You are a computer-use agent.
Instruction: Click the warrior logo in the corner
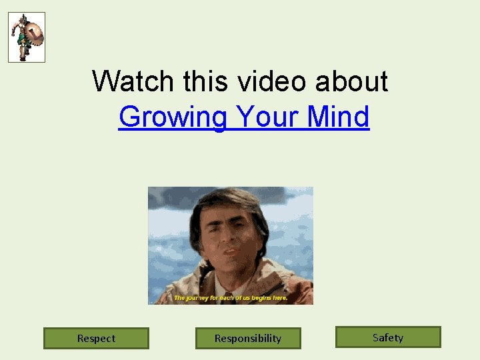[x=27, y=37]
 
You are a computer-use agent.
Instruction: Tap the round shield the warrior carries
[x=35, y=35]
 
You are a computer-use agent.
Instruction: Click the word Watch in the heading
[x=134, y=81]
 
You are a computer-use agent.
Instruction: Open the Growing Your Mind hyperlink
[x=243, y=117]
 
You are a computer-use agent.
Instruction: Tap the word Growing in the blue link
[x=173, y=118]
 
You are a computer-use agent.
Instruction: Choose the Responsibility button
[x=248, y=338]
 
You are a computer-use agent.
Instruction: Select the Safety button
[x=388, y=337]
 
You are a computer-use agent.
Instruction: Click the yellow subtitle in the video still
[x=231, y=298]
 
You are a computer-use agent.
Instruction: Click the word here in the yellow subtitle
[x=280, y=298]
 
